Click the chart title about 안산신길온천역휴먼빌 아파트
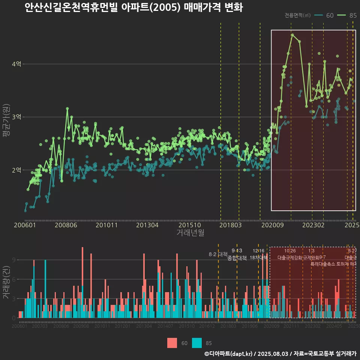coord(133,7)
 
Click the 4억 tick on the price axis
coord(16,64)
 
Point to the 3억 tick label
coord(16,117)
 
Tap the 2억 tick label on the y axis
coord(16,170)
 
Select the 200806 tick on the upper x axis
coord(66,225)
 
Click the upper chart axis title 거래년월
coord(190,232)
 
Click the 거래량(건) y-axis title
coord(6,282)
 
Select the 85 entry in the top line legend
coord(352,15)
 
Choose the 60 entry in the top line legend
coord(330,15)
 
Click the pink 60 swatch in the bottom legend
coord(172,343)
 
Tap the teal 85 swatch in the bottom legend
coord(197,343)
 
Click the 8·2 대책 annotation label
coord(218,254)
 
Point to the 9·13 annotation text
coord(237,250)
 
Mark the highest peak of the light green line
coord(292,34)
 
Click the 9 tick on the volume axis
coord(13,260)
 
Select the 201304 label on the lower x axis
coord(144,327)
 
